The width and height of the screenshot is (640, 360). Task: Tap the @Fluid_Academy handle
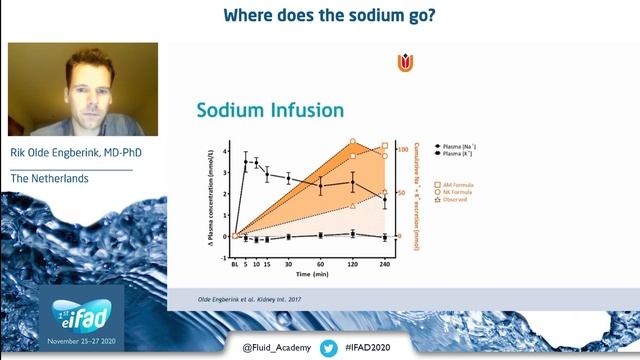tap(276, 348)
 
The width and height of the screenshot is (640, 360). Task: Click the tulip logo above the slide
tap(404, 63)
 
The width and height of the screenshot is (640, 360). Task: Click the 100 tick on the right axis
tap(402, 149)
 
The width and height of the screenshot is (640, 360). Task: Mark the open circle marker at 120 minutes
tap(352, 142)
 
